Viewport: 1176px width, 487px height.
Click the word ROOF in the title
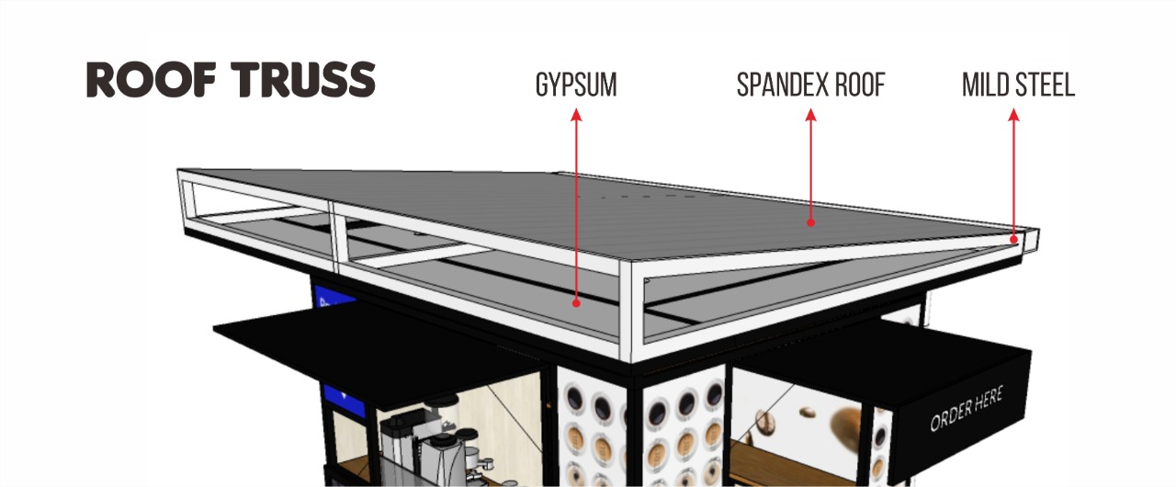[x=152, y=80]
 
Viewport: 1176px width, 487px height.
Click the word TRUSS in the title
[x=303, y=80]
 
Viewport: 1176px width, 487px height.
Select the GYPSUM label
[x=576, y=85]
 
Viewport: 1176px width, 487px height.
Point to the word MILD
[x=984, y=85]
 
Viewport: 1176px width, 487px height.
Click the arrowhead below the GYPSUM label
[x=576, y=115]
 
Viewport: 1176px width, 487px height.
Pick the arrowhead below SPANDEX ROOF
[x=810, y=115]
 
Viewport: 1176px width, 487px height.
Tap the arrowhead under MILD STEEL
[x=1013, y=115]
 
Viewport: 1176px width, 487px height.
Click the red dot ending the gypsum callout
[x=576, y=303]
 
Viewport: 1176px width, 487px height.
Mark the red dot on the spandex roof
[x=810, y=222]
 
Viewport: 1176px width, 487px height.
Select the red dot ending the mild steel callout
[x=1013, y=239]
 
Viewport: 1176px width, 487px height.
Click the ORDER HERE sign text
[x=967, y=408]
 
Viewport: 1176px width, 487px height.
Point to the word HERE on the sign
[x=986, y=401]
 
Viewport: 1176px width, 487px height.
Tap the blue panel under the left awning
[x=344, y=400]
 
